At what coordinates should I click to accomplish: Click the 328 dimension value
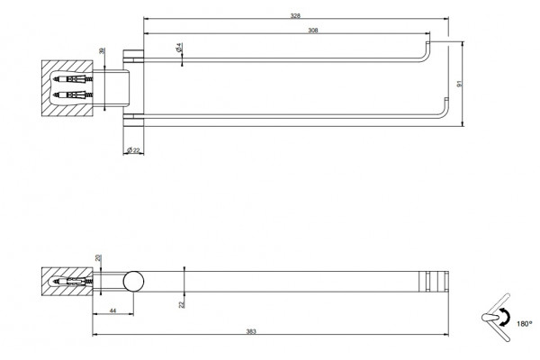295,15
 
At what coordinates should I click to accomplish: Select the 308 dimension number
312,31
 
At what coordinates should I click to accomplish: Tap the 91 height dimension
459,84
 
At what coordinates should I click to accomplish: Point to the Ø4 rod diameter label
179,48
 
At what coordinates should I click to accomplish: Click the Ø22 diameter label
133,150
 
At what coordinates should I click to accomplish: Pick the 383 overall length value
251,332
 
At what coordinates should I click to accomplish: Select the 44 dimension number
112,310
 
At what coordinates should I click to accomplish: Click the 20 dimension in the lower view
100,258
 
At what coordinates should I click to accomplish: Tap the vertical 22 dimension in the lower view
182,303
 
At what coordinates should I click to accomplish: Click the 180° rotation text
524,324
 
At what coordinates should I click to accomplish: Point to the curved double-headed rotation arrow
504,317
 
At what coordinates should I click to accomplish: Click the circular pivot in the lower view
133,282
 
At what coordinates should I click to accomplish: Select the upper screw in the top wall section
73,79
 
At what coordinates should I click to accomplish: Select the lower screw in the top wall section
73,94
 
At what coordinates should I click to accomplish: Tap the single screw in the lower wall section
73,282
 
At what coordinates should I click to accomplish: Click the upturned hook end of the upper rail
427,50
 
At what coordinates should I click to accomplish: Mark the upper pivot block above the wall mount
133,57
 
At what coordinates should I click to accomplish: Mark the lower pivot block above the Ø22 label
133,120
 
